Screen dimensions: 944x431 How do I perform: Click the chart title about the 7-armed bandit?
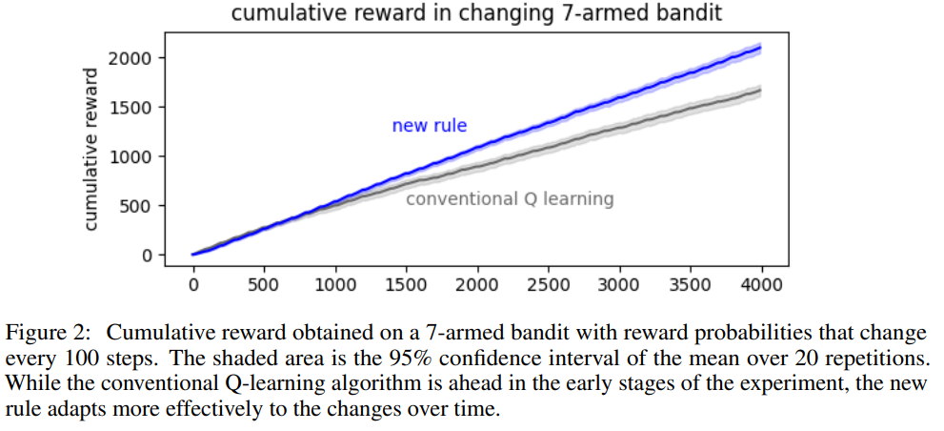tap(476, 12)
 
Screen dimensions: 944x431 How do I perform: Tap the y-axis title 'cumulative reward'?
tap(90, 149)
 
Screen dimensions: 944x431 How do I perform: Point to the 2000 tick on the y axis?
tap(131, 58)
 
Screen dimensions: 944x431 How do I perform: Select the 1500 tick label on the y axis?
tap(131, 108)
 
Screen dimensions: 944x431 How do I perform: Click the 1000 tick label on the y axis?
tap(131, 156)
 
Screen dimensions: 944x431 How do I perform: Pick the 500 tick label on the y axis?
tap(135, 206)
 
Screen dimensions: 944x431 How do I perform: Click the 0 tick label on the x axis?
tap(193, 284)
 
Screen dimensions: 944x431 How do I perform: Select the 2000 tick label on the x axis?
tap(477, 284)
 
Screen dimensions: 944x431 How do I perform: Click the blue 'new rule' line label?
tap(430, 126)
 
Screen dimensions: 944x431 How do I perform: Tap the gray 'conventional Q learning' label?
tap(510, 199)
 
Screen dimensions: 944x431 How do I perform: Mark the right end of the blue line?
tap(761, 47)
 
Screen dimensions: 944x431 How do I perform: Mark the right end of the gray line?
tap(761, 91)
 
